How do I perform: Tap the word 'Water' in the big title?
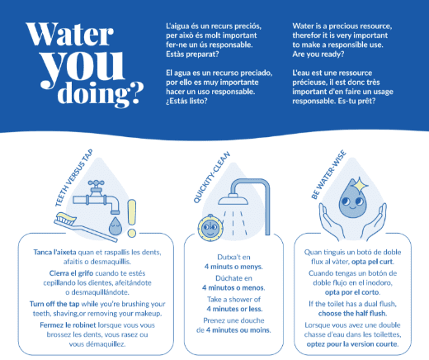click(70, 35)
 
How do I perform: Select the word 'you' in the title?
click(82, 69)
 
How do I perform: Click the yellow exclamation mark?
click(132, 218)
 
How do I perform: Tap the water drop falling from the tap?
click(115, 226)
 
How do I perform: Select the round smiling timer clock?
click(210, 227)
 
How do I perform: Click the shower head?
click(233, 199)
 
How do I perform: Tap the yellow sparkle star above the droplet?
click(361, 185)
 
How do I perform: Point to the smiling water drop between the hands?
click(352, 198)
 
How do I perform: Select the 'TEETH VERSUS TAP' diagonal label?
click(74, 178)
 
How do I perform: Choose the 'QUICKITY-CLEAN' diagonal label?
click(211, 178)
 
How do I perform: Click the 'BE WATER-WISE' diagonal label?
click(328, 174)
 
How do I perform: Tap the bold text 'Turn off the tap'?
click(54, 304)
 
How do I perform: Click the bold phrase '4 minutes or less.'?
click(234, 309)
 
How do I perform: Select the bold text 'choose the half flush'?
click(351, 313)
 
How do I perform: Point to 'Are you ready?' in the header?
click(318, 54)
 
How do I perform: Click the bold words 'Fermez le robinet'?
click(68, 325)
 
